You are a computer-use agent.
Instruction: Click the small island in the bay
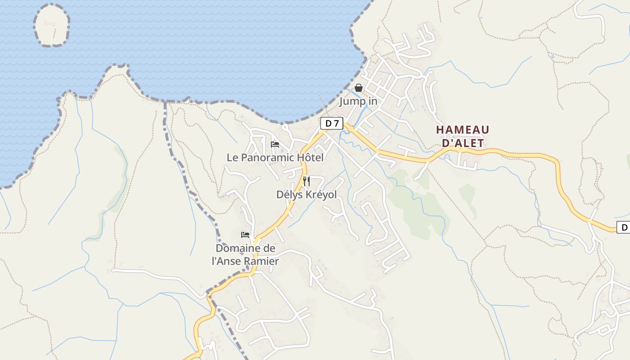pyautogui.click(x=51, y=25)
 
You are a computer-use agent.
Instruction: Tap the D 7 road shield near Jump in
pyautogui.click(x=332, y=123)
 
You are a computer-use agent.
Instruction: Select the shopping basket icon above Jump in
pyautogui.click(x=359, y=88)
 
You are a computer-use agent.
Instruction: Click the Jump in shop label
pyautogui.click(x=358, y=101)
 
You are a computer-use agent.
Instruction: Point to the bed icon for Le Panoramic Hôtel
pyautogui.click(x=275, y=144)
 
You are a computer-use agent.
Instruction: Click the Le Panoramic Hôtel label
pyautogui.click(x=275, y=157)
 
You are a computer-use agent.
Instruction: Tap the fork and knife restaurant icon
pyautogui.click(x=306, y=181)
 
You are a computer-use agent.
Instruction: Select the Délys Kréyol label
pyautogui.click(x=306, y=194)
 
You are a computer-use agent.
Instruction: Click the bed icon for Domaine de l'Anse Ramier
pyautogui.click(x=245, y=235)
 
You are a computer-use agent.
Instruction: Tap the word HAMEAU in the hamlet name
pyautogui.click(x=463, y=130)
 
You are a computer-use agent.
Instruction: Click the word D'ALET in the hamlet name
pyautogui.click(x=463, y=143)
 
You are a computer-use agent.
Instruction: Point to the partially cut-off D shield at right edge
pyautogui.click(x=623, y=228)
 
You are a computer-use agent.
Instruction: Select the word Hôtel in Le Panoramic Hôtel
pyautogui.click(x=310, y=157)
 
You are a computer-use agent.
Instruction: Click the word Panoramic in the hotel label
pyautogui.click(x=266, y=157)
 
